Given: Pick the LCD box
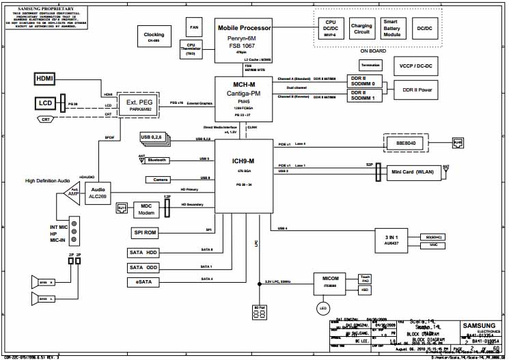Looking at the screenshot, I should pyautogui.click(x=44, y=103).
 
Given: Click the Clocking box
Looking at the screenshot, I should pyautogui.click(x=154, y=37).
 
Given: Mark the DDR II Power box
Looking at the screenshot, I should pyautogui.click(x=416, y=89).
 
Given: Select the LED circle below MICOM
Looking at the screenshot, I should pyautogui.click(x=325, y=308).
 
